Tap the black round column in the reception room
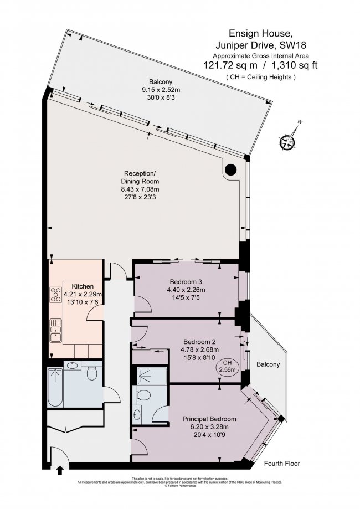tap(231, 170)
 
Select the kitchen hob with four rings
tap(56, 294)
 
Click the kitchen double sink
tap(55, 334)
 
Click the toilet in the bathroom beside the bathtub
tap(92, 376)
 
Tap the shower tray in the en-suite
tap(150, 376)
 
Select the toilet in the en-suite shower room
tap(143, 395)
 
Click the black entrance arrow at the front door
tap(59, 470)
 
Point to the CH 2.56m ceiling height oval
tap(227, 366)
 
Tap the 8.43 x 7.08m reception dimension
tap(140, 189)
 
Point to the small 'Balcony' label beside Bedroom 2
tap(269, 364)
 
